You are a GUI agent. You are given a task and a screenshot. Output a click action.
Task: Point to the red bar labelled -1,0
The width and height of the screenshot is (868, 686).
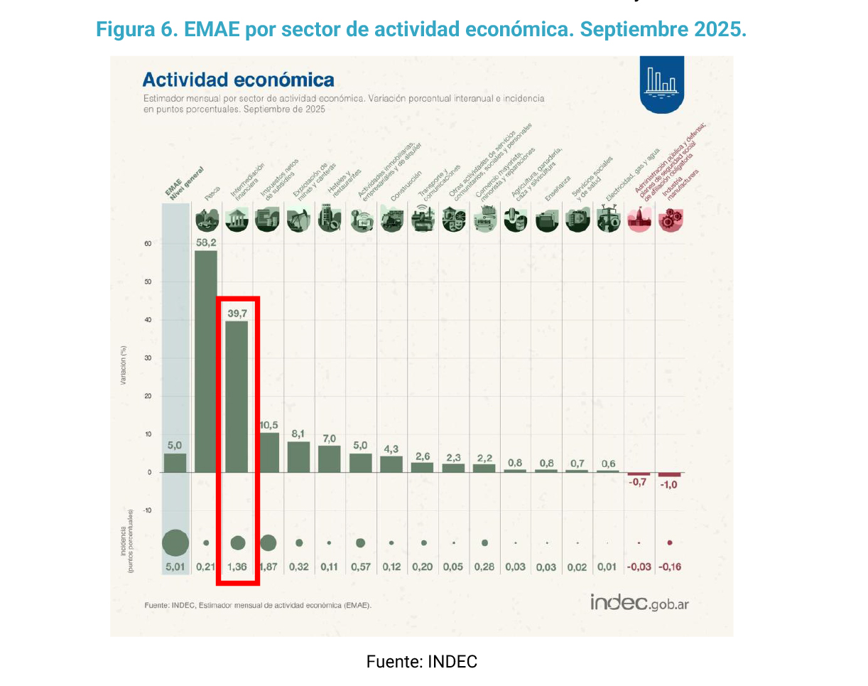670,474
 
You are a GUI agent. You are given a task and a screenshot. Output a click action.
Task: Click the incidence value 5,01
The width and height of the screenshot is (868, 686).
175,567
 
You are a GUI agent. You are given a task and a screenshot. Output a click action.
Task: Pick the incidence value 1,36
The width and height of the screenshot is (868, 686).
237,567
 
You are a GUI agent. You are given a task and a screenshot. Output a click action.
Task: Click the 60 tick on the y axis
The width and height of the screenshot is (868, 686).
148,244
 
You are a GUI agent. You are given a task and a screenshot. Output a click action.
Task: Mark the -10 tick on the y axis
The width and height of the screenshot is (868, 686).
147,510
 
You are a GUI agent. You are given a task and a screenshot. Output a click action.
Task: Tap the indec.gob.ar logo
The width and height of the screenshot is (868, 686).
639,602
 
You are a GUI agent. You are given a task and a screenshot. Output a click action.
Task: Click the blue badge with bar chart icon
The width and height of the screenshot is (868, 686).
662,83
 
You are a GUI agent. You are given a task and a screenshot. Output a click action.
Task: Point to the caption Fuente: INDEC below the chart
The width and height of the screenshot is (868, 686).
422,662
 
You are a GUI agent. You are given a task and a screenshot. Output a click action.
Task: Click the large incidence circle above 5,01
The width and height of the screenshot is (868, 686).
175,542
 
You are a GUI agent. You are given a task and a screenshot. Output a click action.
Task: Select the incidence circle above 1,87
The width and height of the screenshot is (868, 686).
268,542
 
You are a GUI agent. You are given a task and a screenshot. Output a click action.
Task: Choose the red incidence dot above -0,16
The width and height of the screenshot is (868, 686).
670,542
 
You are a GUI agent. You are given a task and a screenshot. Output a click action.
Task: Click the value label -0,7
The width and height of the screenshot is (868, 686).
639,483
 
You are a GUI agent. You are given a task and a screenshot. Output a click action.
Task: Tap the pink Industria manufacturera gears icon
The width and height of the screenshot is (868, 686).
670,221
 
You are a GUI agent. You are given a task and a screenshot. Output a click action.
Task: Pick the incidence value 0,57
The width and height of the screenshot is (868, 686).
361,567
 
